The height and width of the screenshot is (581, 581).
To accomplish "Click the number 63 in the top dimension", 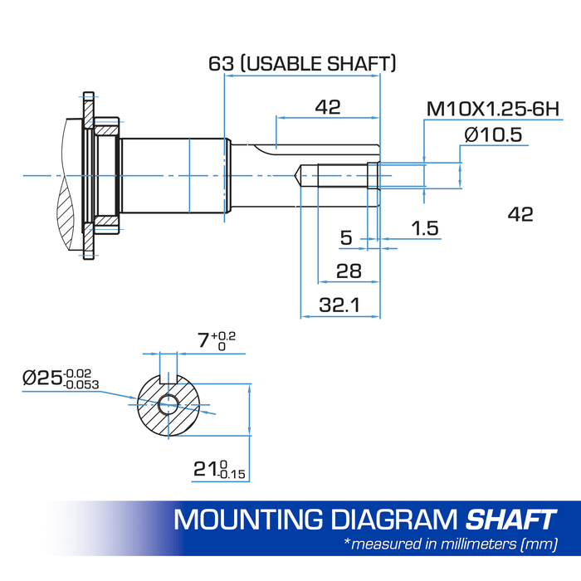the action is [x=222, y=63].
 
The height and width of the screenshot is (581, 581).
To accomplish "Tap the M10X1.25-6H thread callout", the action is [x=493, y=110].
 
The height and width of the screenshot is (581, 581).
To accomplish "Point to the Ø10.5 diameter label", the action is [x=493, y=134].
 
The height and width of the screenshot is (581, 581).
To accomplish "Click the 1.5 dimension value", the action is [x=425, y=228].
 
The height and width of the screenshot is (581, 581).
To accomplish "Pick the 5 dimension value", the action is [x=346, y=238].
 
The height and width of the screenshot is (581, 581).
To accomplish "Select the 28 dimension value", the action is [x=349, y=271].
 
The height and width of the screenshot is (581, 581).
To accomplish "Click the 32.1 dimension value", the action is [x=339, y=305].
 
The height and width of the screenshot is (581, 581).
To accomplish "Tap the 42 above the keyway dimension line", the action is [x=328, y=107].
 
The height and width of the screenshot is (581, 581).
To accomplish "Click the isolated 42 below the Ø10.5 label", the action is [x=520, y=214].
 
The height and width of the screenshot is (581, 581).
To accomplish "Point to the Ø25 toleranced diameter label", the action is [x=61, y=378].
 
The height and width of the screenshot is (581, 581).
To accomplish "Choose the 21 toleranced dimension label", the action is [x=219, y=470].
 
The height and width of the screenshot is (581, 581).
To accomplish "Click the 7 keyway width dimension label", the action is [x=217, y=340].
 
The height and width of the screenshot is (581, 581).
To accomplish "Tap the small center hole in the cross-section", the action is [x=168, y=404].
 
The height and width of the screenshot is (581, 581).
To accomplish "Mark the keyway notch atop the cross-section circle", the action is [x=168, y=378].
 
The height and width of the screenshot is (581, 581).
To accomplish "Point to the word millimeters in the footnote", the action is [x=478, y=544].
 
